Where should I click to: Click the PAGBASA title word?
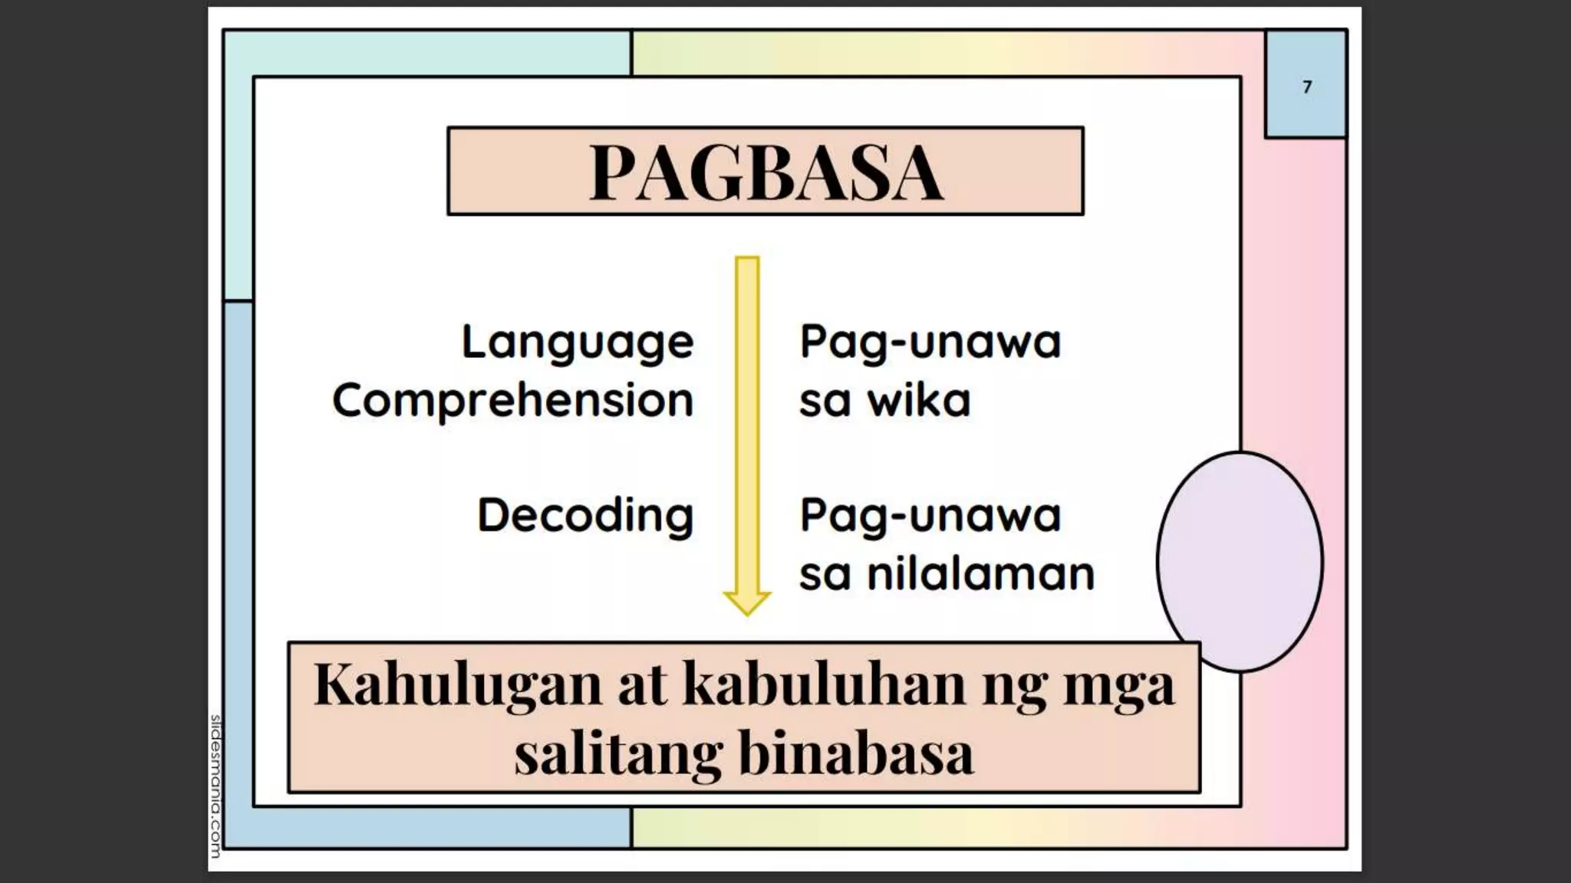[x=766, y=172]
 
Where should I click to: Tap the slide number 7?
[x=1307, y=87]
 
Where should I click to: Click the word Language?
[x=578, y=342]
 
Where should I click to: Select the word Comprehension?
[x=512, y=400]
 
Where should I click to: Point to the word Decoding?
[x=585, y=515]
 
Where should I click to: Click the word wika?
[x=918, y=400]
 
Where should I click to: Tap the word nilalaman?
[x=980, y=574]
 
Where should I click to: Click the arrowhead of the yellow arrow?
[x=746, y=602]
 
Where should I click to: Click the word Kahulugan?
[x=458, y=684]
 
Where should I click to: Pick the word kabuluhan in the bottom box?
[x=823, y=684]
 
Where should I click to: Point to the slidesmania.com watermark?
[x=216, y=786]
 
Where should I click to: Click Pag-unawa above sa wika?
[x=930, y=342]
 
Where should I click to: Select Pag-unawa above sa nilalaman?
[x=930, y=515]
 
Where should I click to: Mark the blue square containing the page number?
[x=1306, y=84]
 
